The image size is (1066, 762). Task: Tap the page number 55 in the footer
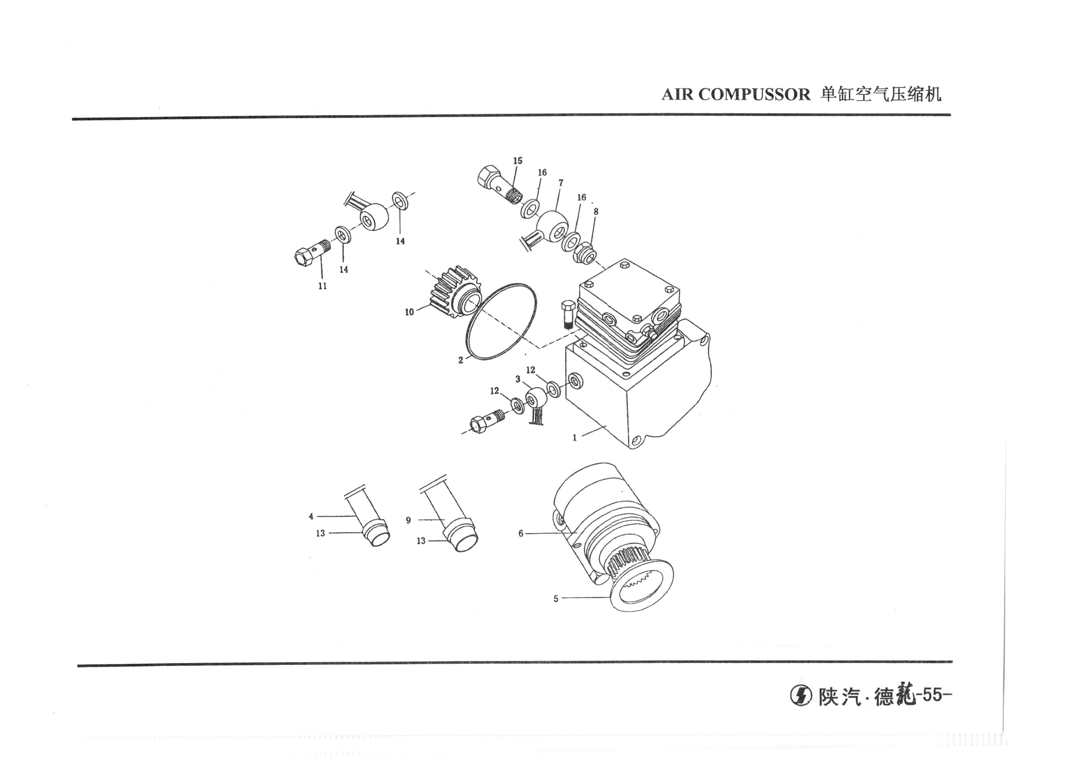pos(932,694)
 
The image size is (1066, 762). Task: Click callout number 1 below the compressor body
pos(574,438)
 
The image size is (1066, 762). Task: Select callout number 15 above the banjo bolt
pos(517,161)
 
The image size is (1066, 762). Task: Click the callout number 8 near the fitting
pos(596,212)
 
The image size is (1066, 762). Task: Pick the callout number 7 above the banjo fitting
pos(561,183)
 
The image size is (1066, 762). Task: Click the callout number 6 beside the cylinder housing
pos(521,534)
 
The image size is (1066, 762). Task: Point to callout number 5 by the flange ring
pos(556,599)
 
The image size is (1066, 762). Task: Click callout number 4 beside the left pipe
pos(311,517)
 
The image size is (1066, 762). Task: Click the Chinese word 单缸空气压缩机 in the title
pos(881,94)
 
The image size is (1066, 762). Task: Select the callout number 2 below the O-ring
pos(461,360)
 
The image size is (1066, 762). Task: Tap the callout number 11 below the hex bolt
pos(323,286)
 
